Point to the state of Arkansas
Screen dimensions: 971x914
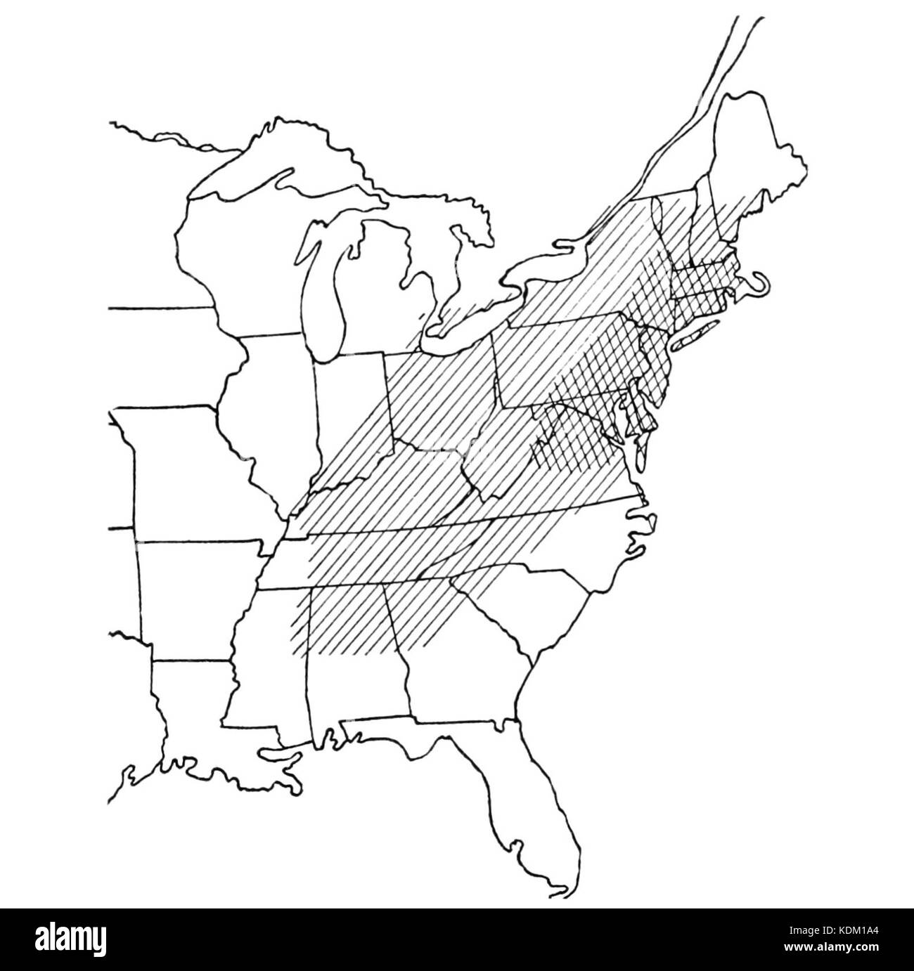(x=190, y=597)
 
